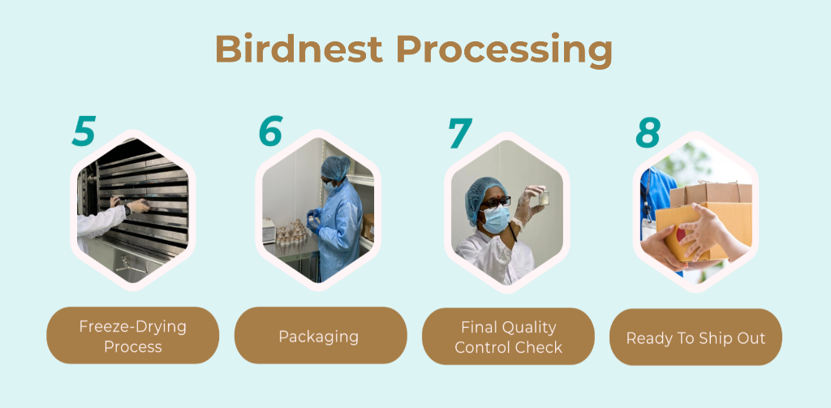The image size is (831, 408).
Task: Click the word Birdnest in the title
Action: coord(299,49)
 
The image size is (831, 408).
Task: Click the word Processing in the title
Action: coord(504,51)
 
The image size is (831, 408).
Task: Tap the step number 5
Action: coord(84,131)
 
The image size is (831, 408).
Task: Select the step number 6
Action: coord(270,131)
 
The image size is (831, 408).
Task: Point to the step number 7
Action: coord(460,132)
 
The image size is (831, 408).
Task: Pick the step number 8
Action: coord(648,132)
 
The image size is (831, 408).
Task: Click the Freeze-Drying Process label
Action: coord(133,336)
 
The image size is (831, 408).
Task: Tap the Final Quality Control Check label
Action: coord(508,337)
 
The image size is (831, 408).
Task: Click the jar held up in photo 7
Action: coord(543,198)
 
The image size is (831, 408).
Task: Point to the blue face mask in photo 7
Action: coord(496,219)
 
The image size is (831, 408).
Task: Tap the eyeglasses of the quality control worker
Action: coord(496,202)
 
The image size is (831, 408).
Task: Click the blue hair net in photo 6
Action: coord(335,167)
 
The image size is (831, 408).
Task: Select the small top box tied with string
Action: coord(711,193)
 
